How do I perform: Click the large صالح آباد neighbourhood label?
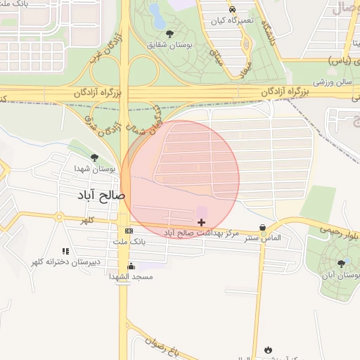coord(102,195)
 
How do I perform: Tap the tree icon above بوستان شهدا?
coord(95,158)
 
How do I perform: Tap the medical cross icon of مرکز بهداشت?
coord(202,222)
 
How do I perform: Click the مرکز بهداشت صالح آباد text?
coord(202,233)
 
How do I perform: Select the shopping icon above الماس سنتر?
coord(262,227)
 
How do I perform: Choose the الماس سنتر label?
coord(263,238)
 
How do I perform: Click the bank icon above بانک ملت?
coord(129,231)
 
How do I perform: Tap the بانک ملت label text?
coord(128,241)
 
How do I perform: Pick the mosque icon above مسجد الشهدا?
coord(131,266)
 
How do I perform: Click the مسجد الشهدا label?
coord(131,276)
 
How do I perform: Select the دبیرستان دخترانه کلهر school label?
coord(66,262)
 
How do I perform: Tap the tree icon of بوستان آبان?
coord(341,264)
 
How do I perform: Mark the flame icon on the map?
coord(268,349)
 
